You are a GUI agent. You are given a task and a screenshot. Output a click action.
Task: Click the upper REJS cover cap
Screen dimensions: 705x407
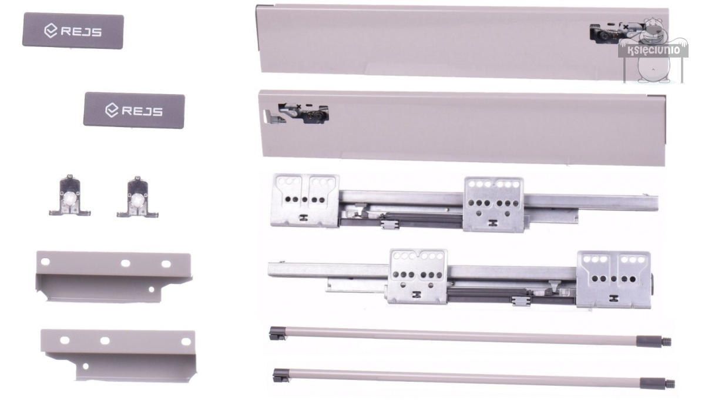(73, 31)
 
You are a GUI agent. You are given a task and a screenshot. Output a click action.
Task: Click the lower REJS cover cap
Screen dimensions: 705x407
(134, 110)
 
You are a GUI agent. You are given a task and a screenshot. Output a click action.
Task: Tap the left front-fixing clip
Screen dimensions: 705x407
(69, 195)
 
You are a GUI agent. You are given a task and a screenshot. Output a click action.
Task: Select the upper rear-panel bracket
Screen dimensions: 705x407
(113, 276)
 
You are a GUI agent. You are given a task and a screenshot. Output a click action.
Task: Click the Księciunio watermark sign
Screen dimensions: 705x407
(653, 50)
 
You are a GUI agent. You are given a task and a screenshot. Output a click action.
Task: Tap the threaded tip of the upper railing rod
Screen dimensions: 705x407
(667, 342)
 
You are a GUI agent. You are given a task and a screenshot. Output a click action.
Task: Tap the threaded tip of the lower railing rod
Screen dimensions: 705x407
(670, 384)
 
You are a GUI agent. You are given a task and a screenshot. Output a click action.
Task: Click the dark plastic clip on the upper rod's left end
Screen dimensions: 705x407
(277, 333)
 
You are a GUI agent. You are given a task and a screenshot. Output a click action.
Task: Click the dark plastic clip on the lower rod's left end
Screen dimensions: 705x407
(281, 375)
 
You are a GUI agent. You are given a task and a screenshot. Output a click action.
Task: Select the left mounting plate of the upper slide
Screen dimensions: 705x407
(305, 201)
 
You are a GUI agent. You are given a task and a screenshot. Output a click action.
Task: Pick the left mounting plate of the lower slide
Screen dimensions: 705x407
(418, 276)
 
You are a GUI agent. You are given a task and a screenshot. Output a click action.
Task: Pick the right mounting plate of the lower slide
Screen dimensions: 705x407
(614, 279)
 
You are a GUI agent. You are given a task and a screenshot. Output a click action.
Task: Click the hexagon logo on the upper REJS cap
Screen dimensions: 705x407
(51, 31)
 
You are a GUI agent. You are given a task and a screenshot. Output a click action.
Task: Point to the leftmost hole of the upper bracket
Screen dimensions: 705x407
(45, 262)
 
